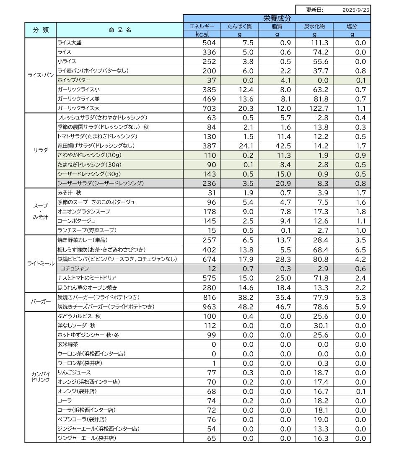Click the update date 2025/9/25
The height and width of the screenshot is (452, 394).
356,10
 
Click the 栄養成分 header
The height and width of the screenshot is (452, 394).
277,18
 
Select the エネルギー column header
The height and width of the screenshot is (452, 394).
202,26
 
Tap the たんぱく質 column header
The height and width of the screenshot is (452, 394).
239,26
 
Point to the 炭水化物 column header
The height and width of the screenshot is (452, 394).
314,26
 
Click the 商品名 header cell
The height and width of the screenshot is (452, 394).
119,30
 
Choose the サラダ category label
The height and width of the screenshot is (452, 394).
40,151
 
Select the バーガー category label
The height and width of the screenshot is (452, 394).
40,302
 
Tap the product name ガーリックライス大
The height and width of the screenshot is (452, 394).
78,108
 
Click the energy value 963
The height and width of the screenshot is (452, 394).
208,307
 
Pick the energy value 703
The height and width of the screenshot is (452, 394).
208,108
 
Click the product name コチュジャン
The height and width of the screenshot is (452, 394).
75,268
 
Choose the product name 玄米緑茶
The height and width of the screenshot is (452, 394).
67,344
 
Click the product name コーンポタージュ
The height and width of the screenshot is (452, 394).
76,221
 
